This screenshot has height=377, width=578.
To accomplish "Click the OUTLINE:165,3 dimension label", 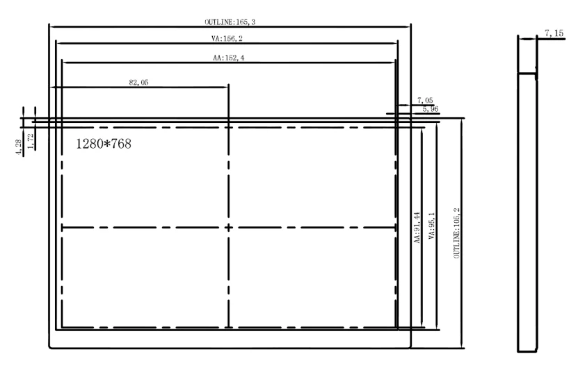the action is click(x=230, y=22).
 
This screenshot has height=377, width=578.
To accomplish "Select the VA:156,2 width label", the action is click(x=227, y=38).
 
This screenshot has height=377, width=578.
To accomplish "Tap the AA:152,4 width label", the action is click(x=229, y=58).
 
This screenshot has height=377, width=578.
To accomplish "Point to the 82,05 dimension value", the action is click(x=138, y=83).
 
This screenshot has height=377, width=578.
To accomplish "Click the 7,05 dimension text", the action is click(x=425, y=100).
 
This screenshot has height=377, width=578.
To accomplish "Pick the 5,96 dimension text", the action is click(x=430, y=109).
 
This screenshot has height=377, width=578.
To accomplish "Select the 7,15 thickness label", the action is click(x=554, y=33).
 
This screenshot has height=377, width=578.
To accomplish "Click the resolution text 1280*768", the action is click(x=104, y=144).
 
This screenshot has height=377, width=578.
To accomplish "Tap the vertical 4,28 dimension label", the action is click(x=18, y=147).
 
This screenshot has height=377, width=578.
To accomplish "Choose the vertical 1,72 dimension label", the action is click(x=31, y=141).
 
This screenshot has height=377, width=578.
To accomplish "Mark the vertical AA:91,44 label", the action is click(x=417, y=227).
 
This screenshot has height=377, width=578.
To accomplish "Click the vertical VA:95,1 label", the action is click(x=432, y=226).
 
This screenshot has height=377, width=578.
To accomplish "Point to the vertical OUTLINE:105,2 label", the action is click(x=457, y=233).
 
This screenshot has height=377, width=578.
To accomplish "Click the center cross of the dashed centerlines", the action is click(x=229, y=228).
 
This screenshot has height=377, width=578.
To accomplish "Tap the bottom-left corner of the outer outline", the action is click(x=49, y=348).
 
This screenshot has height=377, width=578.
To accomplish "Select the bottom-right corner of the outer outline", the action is click(x=410, y=348).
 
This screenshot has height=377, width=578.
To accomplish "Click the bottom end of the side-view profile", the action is click(x=527, y=351).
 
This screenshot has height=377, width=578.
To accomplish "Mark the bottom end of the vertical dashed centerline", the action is click(x=229, y=327).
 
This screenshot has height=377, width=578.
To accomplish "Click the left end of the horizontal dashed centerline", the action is click(x=62, y=228).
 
